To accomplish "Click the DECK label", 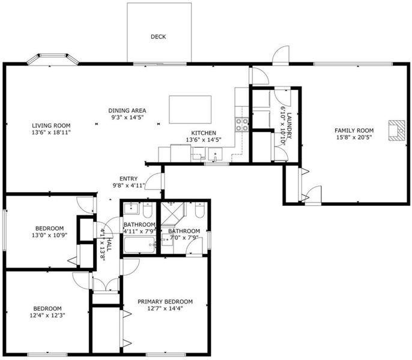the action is [x=158, y=37].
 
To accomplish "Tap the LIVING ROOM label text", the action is [x=51, y=125].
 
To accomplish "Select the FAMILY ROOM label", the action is [x=354, y=131].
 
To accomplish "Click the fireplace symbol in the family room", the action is [x=397, y=131].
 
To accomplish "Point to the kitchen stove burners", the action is [x=241, y=124].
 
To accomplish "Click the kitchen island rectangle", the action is [x=190, y=109].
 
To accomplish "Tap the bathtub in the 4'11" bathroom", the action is [x=139, y=245].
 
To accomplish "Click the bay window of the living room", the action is [x=53, y=58].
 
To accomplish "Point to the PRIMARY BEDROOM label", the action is [x=165, y=301].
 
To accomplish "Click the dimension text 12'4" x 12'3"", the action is [x=47, y=315].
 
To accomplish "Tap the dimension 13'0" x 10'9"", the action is [x=50, y=235].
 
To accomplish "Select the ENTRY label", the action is [x=129, y=179].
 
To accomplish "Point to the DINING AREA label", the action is [x=127, y=110].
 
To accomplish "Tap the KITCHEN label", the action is [x=204, y=133].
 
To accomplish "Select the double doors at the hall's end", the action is [x=106, y=285].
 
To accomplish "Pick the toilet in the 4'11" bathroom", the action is [x=147, y=210].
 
